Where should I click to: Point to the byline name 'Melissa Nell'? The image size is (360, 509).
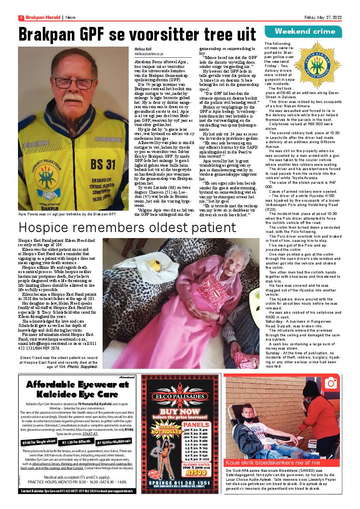[143, 49]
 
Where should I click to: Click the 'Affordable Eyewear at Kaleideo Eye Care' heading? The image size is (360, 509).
[77, 389]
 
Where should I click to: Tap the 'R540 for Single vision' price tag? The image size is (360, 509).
[38, 441]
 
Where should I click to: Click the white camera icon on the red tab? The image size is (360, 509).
[331, 383]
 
